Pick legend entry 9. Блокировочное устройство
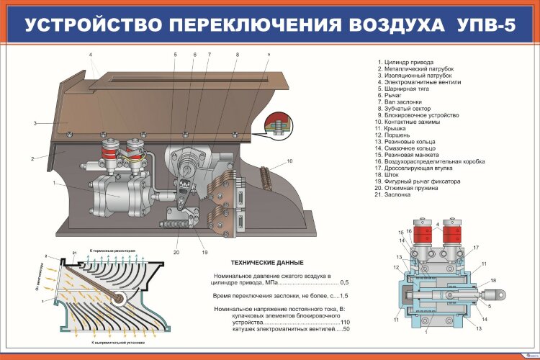pyautogui.click(x=418, y=115)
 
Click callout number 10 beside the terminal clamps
pyautogui.click(x=289, y=161)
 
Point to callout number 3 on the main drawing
pyautogui.click(x=35, y=124)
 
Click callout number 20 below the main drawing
pyautogui.click(x=176, y=252)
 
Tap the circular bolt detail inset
pyautogui.click(x=276, y=125)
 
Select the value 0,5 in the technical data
pyautogui.click(x=343, y=282)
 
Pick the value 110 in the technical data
pyautogui.click(x=344, y=322)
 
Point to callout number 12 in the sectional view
pyautogui.click(x=396, y=267)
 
